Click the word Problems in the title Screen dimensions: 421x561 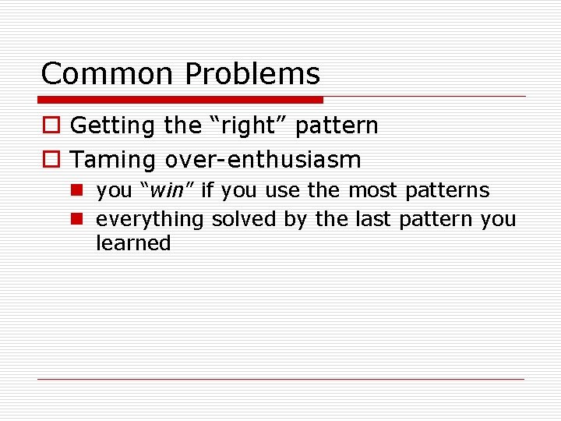tap(252, 74)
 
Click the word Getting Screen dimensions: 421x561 tap(114, 126)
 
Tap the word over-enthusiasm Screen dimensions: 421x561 tap(263, 161)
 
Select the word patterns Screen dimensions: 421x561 tap(447, 190)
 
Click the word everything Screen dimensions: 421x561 tap(150, 220)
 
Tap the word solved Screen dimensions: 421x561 tap(244, 219)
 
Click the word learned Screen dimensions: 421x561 tap(133, 243)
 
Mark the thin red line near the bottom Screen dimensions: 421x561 tap(280, 380)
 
